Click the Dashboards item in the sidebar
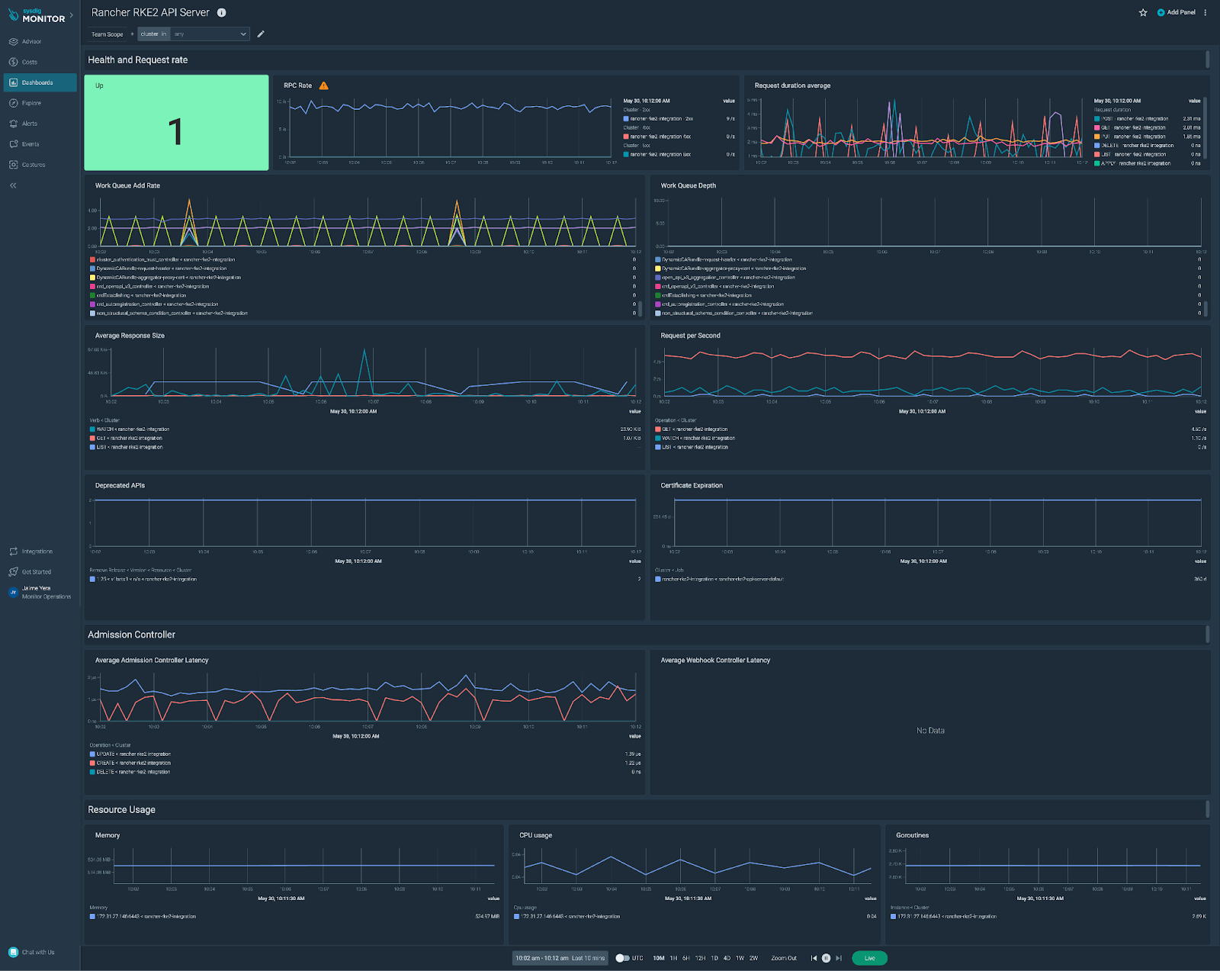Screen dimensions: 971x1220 tap(37, 82)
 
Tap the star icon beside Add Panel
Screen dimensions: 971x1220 tap(1143, 13)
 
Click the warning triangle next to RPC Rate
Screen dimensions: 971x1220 tap(324, 86)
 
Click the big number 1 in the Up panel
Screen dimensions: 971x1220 tap(175, 131)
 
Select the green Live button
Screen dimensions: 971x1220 tap(869, 958)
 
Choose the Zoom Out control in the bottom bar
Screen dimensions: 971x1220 tap(784, 958)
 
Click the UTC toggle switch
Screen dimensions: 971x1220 tap(622, 958)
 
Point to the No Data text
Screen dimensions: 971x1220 tap(930, 731)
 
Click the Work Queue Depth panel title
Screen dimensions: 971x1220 tap(688, 185)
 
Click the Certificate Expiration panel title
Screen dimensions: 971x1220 tap(692, 485)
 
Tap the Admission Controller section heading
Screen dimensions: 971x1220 tap(131, 635)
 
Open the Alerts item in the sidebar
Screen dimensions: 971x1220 tap(29, 124)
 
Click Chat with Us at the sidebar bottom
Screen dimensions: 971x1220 tap(37, 952)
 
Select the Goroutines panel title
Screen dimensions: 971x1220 tap(912, 835)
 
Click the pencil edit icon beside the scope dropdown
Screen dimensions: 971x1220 tap(261, 34)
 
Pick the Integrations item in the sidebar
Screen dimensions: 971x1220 tap(37, 551)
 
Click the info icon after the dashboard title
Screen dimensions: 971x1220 tap(222, 13)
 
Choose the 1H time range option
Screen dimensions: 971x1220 tap(673, 958)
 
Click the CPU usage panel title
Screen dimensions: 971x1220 tap(535, 835)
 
